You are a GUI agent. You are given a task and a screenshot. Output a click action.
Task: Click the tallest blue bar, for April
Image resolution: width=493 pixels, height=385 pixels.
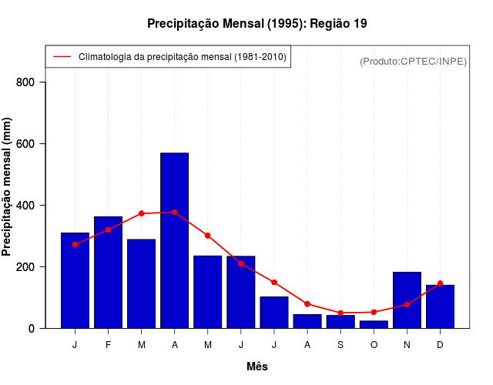point(175,240)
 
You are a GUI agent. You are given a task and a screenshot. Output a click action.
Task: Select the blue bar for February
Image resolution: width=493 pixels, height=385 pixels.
point(108,272)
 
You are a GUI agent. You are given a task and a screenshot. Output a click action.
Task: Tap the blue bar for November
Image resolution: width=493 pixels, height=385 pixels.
point(407,300)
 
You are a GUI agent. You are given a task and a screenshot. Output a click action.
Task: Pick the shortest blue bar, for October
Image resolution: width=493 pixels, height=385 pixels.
point(374,324)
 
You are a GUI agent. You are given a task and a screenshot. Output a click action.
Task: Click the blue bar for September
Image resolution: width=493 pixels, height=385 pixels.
point(340,321)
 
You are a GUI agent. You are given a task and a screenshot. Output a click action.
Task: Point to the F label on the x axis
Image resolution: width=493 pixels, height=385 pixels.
point(108,345)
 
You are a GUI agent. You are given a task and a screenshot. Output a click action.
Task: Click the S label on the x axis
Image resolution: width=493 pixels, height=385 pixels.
point(340,345)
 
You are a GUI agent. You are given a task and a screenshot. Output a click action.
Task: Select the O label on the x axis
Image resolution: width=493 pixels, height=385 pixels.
point(374,345)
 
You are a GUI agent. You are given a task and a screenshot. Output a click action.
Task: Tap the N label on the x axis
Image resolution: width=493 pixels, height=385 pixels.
point(407,345)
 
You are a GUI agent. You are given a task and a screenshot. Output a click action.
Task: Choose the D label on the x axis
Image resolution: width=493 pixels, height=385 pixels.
point(440,345)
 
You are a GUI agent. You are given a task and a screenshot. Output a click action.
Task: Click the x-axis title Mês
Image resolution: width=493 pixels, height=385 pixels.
point(257,367)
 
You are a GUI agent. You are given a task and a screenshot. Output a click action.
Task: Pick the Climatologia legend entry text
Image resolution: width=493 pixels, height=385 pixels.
point(183,57)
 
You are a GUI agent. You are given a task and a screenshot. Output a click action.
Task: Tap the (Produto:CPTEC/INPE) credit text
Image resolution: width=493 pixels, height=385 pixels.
point(413,62)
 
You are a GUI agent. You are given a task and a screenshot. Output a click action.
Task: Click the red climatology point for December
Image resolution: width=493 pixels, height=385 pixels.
point(440,283)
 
